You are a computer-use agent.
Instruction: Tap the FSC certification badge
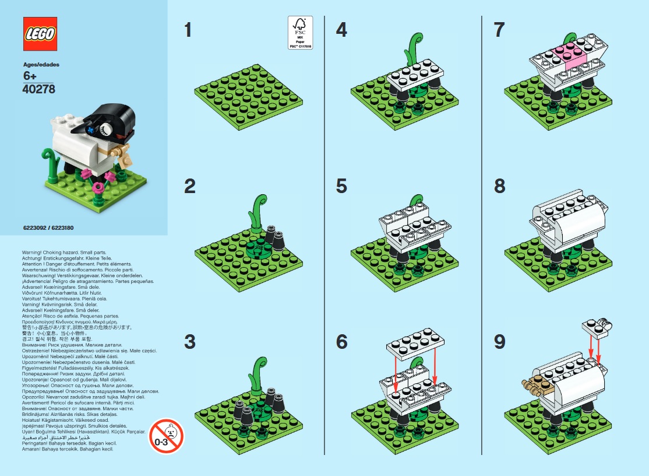(300, 33)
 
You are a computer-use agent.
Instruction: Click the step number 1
(188, 30)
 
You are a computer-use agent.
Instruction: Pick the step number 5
(341, 186)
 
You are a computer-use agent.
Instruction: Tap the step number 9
(499, 342)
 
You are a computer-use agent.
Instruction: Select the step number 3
(189, 342)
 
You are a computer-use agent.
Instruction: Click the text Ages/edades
(41, 64)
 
